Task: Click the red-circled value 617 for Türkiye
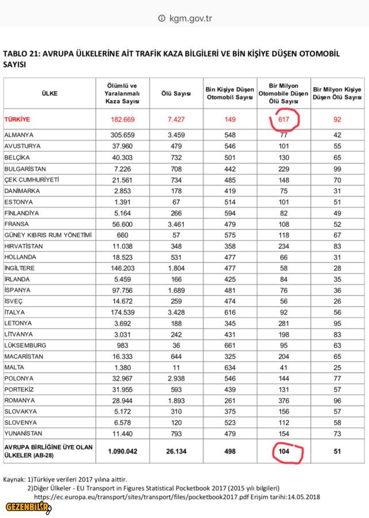coord(284,119)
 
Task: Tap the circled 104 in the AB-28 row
coord(284,451)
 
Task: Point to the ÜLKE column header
coord(49,93)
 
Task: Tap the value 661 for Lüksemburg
coord(229,345)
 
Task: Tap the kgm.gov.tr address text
coord(191,18)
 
